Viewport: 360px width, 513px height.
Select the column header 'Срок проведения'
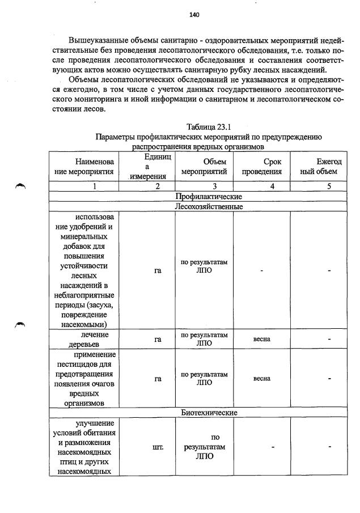click(x=261, y=167)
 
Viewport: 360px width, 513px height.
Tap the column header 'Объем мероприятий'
click(x=204, y=167)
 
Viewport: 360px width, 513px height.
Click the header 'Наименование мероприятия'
click(x=84, y=167)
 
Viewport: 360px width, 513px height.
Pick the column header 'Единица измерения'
click(x=147, y=167)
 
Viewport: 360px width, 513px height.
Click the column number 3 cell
click(x=204, y=186)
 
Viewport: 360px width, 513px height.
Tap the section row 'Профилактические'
click(x=209, y=196)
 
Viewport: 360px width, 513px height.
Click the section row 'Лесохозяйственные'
click(x=209, y=206)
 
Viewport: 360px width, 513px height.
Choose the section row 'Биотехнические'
click(x=209, y=413)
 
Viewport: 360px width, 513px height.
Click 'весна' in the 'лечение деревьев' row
click(x=261, y=339)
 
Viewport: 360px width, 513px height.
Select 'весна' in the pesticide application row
click(x=261, y=378)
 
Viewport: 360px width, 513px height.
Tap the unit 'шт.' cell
click(x=158, y=447)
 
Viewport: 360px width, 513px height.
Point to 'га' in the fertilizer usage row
click(x=158, y=271)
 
